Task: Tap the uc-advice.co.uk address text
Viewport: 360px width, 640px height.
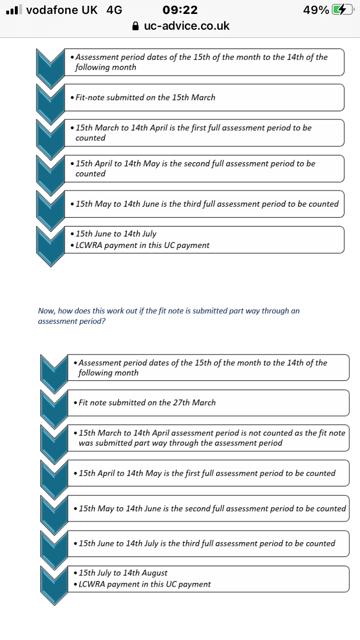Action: click(x=187, y=26)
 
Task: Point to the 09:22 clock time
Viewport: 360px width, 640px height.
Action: click(x=180, y=10)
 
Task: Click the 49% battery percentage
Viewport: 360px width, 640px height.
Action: click(x=316, y=10)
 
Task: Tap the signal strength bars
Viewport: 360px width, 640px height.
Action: click(x=14, y=10)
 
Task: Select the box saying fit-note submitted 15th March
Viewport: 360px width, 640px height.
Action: click(x=204, y=97)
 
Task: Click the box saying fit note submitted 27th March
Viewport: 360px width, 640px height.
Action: click(x=208, y=403)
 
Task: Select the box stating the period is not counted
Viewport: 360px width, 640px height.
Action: click(x=208, y=438)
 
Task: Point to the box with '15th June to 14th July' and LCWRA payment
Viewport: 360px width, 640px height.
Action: click(x=204, y=239)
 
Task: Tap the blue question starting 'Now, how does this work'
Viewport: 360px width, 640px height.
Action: click(x=168, y=316)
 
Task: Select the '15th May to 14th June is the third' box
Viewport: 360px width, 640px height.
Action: click(x=204, y=204)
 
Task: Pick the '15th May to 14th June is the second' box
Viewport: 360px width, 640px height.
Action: click(x=208, y=509)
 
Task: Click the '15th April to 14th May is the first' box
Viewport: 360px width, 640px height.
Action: click(x=208, y=474)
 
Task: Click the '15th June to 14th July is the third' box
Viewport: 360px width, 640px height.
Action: click(x=208, y=544)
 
